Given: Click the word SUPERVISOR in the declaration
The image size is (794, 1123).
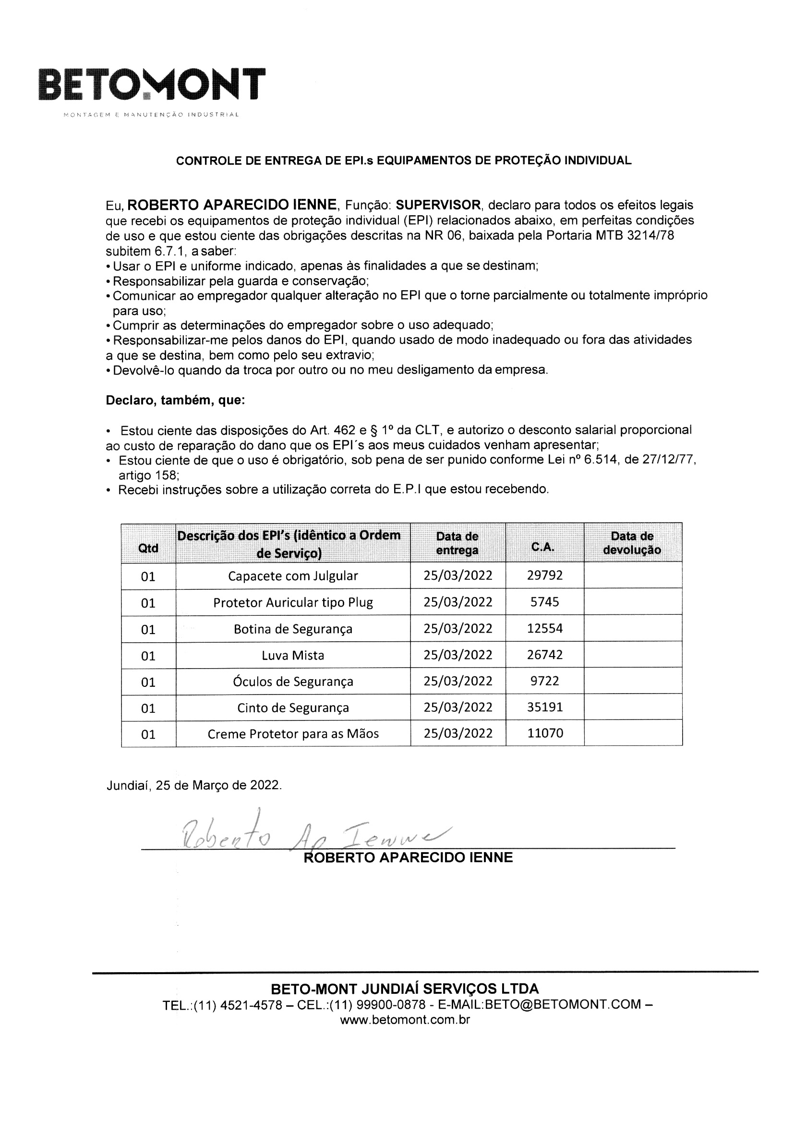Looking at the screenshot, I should coord(439,205).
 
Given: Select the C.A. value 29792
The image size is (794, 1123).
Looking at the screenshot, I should coord(545,575).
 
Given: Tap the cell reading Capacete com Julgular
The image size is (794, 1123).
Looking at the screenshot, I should coord(293,576).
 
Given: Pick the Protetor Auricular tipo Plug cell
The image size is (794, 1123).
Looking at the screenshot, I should coord(293,602).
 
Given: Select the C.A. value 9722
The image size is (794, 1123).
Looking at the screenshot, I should coord(545,681).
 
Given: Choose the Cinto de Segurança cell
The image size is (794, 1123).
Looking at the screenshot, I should coord(293,708).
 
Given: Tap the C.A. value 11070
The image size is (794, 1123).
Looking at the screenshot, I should coord(545,733).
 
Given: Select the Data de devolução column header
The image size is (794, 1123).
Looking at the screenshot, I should coord(632,543).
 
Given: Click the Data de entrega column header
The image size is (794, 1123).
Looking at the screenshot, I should coord(457,543).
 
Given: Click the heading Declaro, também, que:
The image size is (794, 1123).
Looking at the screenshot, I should coord(176,400).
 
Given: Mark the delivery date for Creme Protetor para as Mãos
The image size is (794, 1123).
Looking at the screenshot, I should coord(457,733).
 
